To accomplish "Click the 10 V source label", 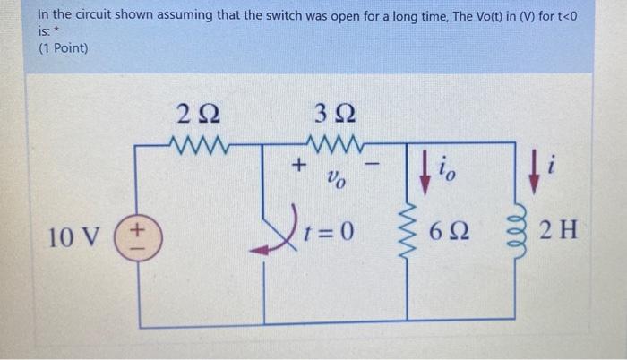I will (74, 238).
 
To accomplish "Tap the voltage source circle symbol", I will (134, 238).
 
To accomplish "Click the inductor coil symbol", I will (514, 236).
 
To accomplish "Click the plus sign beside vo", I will (299, 165).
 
